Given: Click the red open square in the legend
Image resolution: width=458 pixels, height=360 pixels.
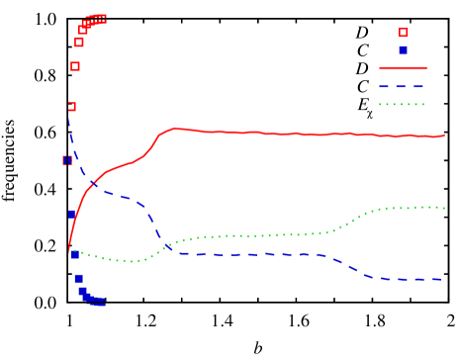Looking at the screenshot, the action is point(403,33).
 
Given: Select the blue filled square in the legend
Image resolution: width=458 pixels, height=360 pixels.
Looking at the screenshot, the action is point(403,49).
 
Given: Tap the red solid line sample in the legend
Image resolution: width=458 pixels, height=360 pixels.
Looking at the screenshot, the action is point(403,69).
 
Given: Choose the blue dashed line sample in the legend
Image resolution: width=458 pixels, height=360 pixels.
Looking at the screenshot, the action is point(403,87).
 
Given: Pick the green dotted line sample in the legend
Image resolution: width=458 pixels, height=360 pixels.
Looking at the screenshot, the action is point(403,104).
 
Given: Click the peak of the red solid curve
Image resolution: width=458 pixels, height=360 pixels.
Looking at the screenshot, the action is point(175,128).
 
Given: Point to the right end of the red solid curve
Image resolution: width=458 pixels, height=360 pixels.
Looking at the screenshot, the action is point(444,135).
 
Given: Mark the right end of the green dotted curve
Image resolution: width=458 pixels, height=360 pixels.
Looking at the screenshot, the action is point(444,208).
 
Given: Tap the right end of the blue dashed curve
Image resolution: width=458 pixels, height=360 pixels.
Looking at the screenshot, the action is point(442,279).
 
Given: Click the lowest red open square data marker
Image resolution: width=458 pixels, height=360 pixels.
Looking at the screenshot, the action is point(67,160).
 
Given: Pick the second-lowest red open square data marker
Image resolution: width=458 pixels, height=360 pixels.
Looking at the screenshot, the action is point(71,106).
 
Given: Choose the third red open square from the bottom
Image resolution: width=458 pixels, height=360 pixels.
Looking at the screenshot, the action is point(75,66).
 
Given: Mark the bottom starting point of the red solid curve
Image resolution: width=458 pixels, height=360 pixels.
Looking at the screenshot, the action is point(69,252).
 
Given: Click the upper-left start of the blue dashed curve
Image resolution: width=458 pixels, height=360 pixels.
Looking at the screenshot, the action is point(68,111).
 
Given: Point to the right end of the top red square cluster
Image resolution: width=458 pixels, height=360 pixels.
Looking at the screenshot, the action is point(103,18).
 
